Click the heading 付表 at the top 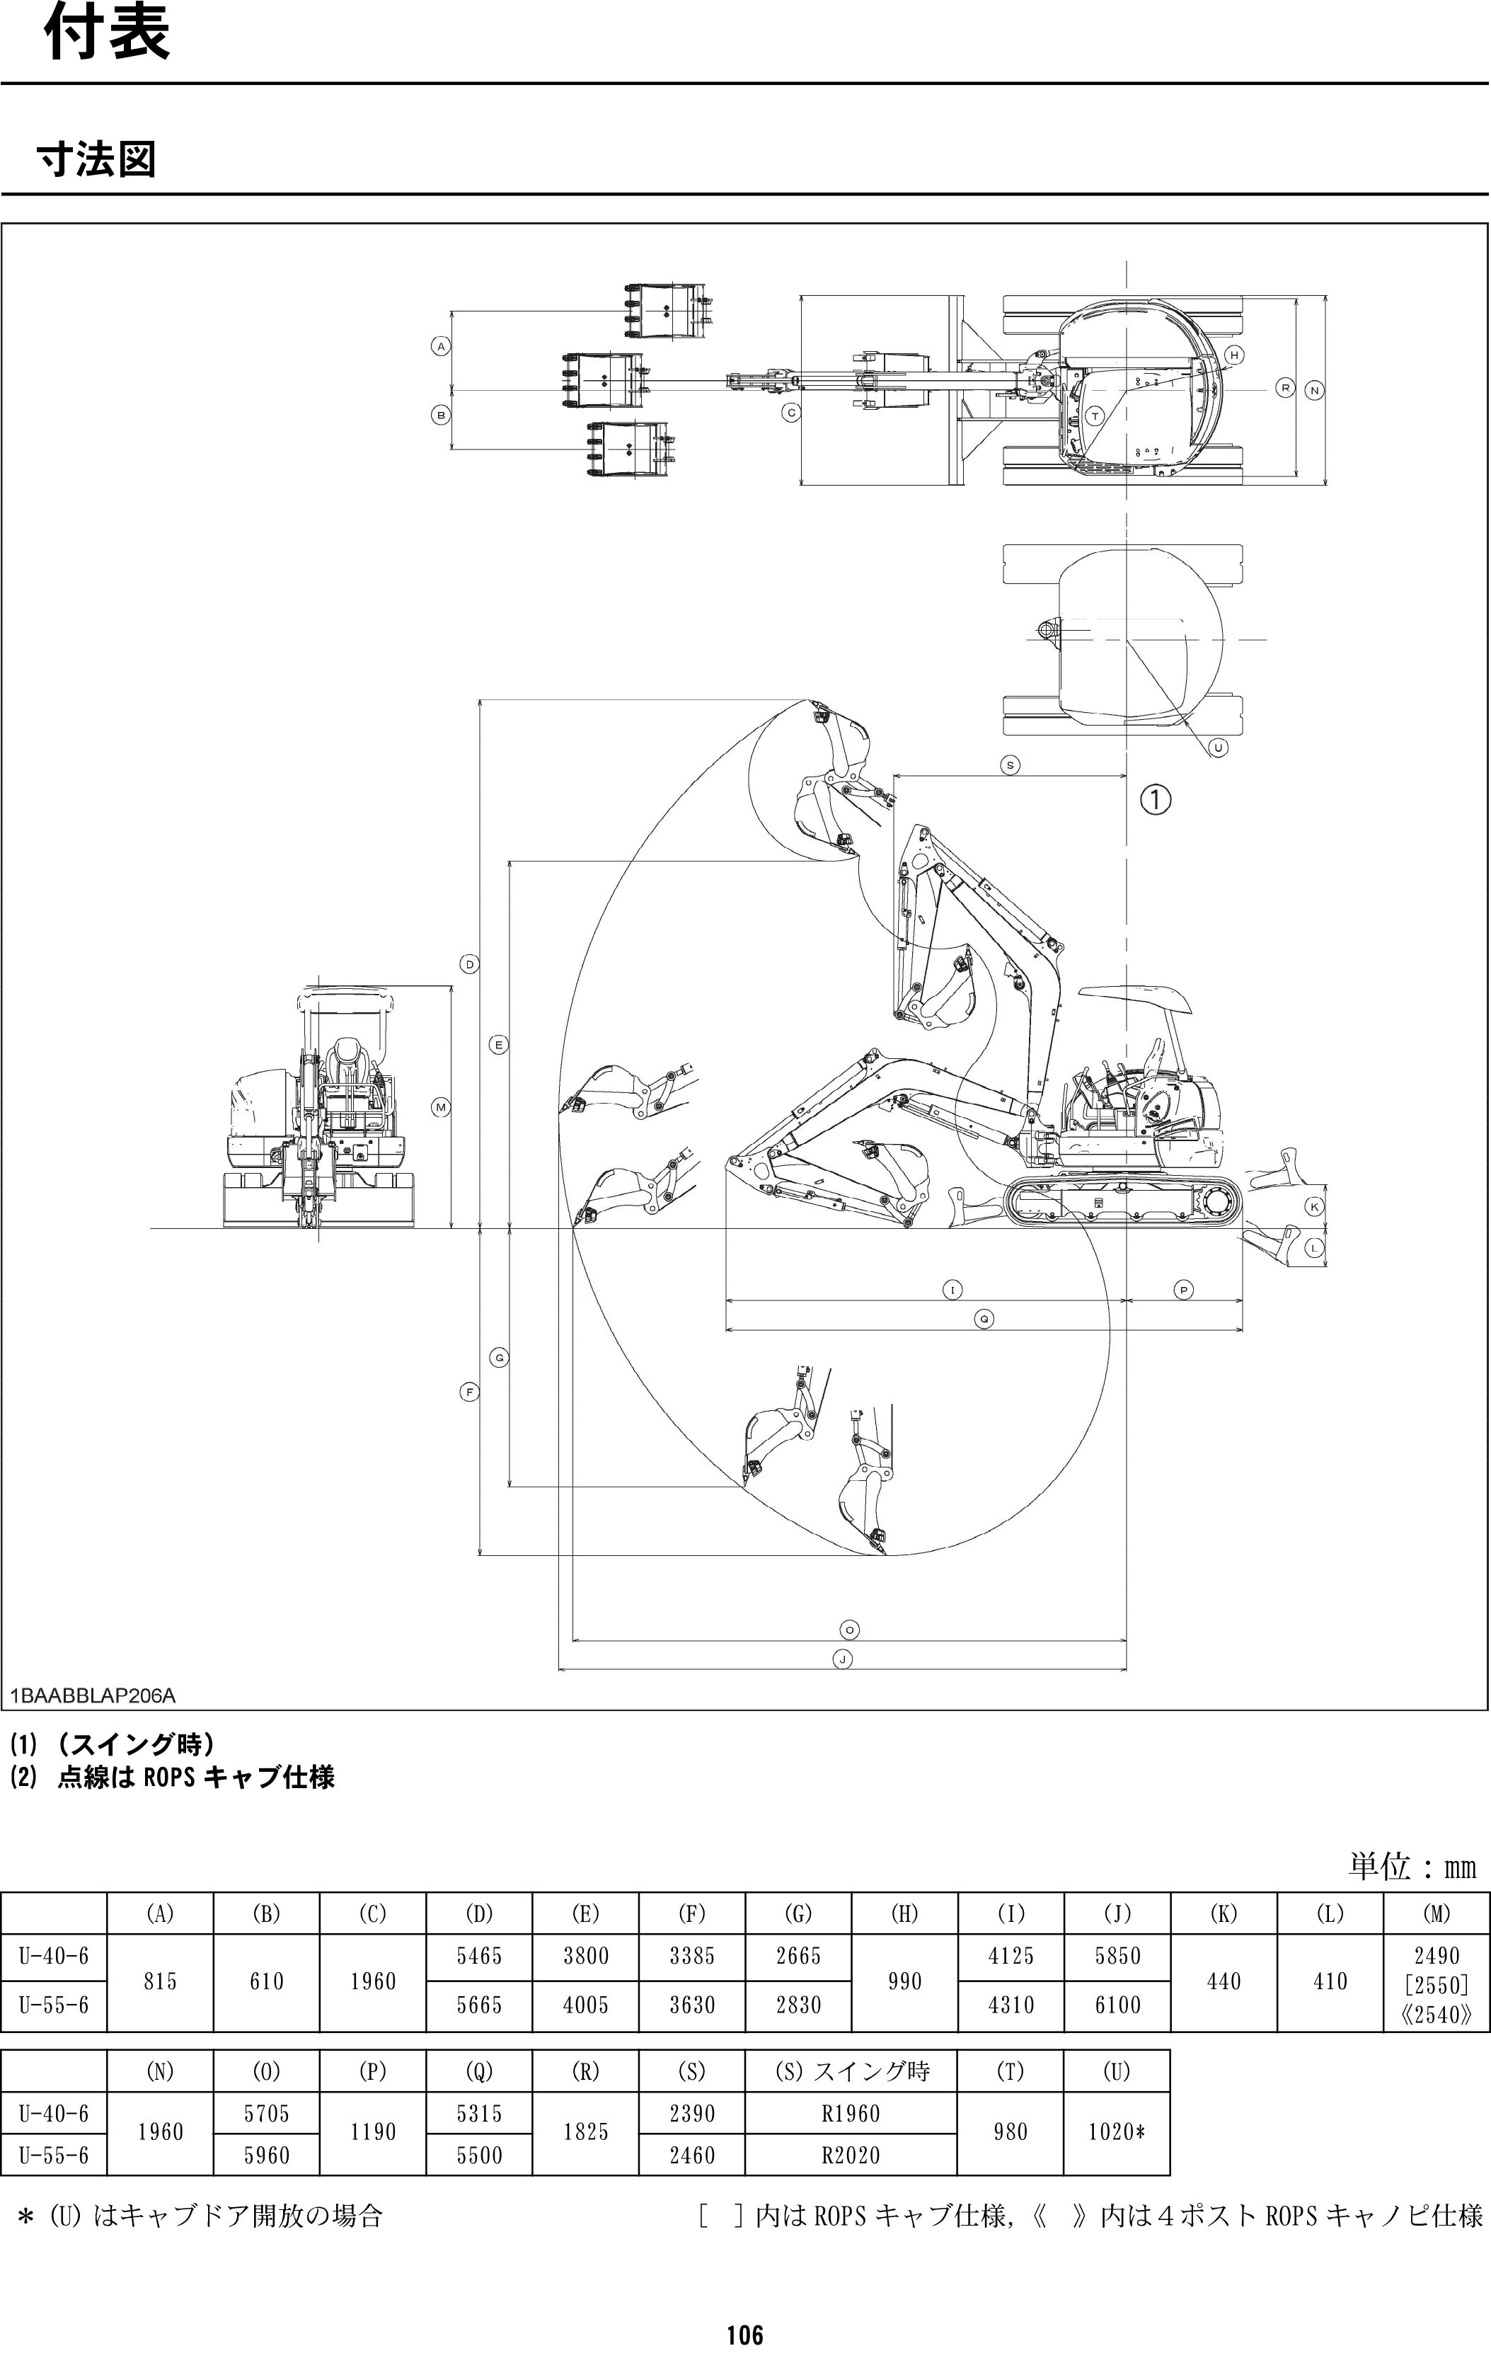coord(107,36)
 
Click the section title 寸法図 coord(96,159)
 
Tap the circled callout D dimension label coord(470,965)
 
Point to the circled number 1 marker coord(1155,799)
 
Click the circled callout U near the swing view coord(1218,747)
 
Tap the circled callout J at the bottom coord(842,1659)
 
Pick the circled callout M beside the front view coord(442,1108)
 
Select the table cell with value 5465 coord(480,1955)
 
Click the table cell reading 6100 coord(1118,2005)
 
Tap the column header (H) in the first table coord(904,1913)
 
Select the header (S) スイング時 coord(851,2071)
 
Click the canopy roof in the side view coord(1136,997)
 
